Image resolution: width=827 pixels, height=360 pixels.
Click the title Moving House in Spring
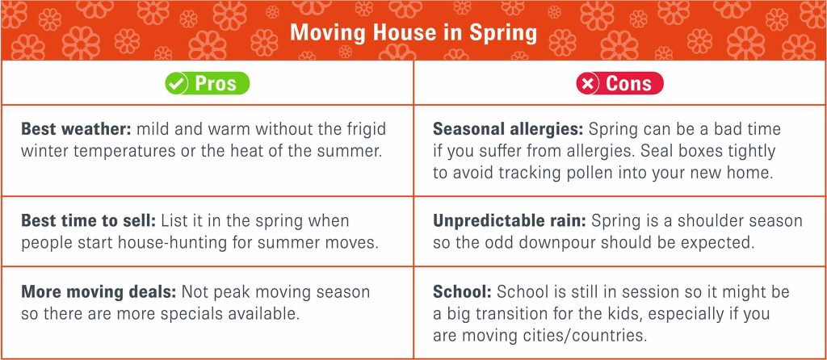point(413,32)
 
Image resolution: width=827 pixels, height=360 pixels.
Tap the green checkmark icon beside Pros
point(176,84)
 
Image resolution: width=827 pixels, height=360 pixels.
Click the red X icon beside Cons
point(587,84)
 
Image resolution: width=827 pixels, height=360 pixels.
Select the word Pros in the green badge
point(215,84)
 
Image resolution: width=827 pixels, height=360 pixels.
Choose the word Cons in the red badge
point(628,84)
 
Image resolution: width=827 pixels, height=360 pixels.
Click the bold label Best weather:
point(76,130)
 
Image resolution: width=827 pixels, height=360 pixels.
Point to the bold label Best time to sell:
point(89,221)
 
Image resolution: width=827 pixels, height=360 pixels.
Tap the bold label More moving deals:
point(99,292)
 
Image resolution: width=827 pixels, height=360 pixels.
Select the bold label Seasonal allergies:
point(508,130)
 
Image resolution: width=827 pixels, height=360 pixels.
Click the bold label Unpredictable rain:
point(510,221)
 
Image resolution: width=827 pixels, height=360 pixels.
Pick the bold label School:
point(463,292)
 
